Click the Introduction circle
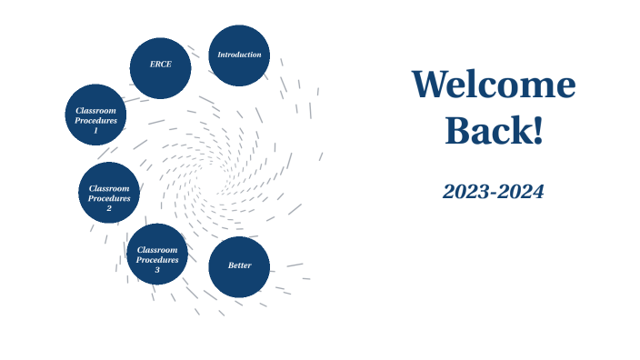[239, 55]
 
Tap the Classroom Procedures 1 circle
[95, 115]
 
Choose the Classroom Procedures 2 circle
[109, 193]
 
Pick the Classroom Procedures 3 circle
[157, 254]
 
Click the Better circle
[239, 266]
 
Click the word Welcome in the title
[494, 85]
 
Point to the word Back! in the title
[494, 132]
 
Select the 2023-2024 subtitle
[494, 192]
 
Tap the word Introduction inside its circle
[239, 55]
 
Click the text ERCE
[161, 65]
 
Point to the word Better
[239, 265]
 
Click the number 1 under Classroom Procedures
[95, 131]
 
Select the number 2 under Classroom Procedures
[109, 208]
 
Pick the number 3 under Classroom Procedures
[157, 270]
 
